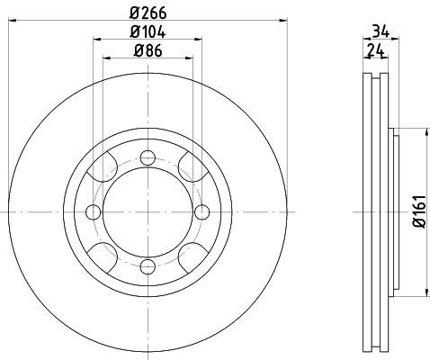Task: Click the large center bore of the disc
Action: [146, 211]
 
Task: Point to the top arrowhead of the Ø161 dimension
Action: [424, 132]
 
